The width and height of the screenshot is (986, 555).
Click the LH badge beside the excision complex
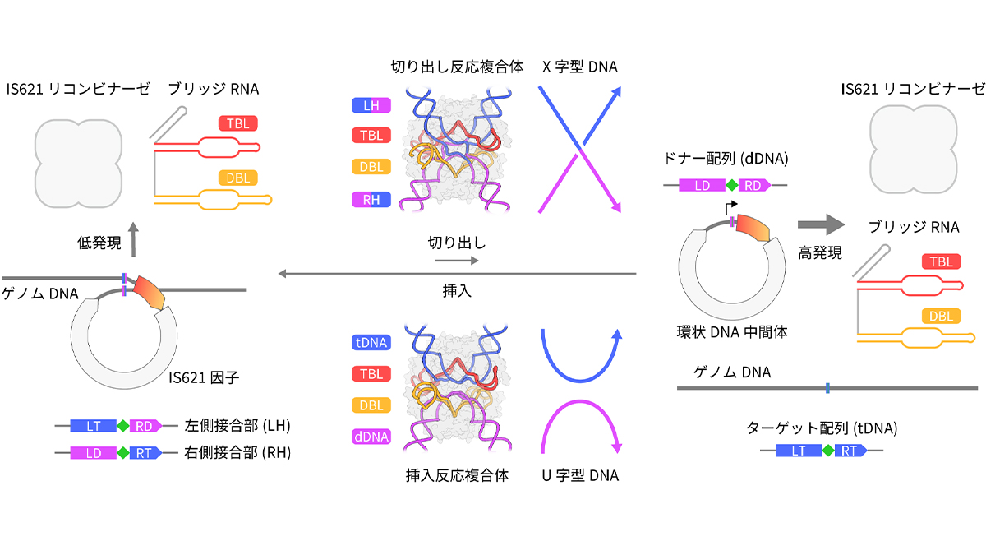(371, 106)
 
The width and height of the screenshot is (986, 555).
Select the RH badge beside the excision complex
(371, 200)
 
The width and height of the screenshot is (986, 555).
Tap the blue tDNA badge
(371, 342)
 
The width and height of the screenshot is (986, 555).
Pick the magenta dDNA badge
(371, 437)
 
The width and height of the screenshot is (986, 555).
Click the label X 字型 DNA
(580, 67)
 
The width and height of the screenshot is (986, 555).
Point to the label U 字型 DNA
(580, 476)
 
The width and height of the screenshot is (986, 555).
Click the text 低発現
(99, 243)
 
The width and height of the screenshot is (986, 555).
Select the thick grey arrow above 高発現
(822, 224)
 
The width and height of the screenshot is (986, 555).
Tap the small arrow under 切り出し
(457, 261)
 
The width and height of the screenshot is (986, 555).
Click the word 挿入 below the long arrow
(457, 291)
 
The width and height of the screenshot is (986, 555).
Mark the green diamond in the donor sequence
(731, 186)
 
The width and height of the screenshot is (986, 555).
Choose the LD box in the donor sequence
(702, 186)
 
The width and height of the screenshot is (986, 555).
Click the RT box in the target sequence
(850, 451)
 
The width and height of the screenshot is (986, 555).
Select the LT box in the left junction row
(94, 426)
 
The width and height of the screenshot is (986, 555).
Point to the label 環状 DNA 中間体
(732, 332)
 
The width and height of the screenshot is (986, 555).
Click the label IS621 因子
(204, 377)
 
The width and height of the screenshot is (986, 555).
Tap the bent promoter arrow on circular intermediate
(730, 207)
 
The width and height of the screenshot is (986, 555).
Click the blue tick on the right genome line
(827, 388)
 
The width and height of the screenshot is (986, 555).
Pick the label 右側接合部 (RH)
(237, 453)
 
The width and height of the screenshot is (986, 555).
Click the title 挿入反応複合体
(457, 476)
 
